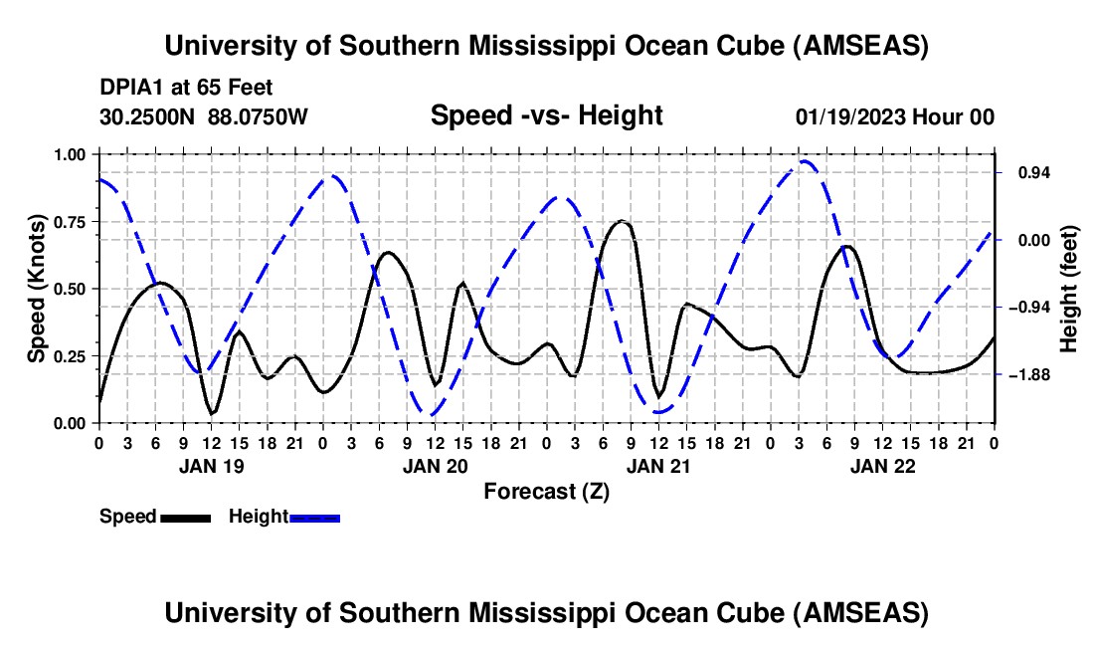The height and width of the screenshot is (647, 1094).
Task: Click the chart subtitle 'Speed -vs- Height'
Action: (x=546, y=115)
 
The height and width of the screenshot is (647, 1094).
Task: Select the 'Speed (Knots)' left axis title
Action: (x=37, y=289)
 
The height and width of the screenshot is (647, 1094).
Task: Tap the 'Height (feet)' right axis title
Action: (x=1069, y=289)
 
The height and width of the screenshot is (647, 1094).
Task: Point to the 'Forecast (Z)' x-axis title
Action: (x=546, y=491)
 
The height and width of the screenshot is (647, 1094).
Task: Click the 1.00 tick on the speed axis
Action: (x=70, y=154)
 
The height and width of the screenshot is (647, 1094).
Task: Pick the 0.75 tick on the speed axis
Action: (x=70, y=222)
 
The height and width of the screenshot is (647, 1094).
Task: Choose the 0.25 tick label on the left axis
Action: (x=70, y=356)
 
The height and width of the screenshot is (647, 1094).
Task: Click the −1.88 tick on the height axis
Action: (x=1025, y=374)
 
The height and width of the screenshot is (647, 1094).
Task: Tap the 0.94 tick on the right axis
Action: (x=1025, y=173)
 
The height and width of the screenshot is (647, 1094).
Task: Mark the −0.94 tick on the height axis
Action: (x=1025, y=308)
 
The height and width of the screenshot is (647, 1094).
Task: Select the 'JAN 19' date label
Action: (x=210, y=465)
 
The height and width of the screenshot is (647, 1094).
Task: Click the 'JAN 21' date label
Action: (x=657, y=465)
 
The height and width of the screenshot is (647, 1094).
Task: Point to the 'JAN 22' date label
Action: (x=881, y=465)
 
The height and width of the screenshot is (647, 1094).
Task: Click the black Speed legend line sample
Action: (x=185, y=517)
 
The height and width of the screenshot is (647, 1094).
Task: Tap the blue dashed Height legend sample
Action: (x=314, y=517)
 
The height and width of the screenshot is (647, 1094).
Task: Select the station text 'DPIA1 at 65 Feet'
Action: (x=186, y=88)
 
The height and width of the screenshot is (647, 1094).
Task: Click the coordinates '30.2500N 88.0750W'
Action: (x=204, y=116)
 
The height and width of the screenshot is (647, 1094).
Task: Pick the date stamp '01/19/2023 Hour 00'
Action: (x=894, y=116)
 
